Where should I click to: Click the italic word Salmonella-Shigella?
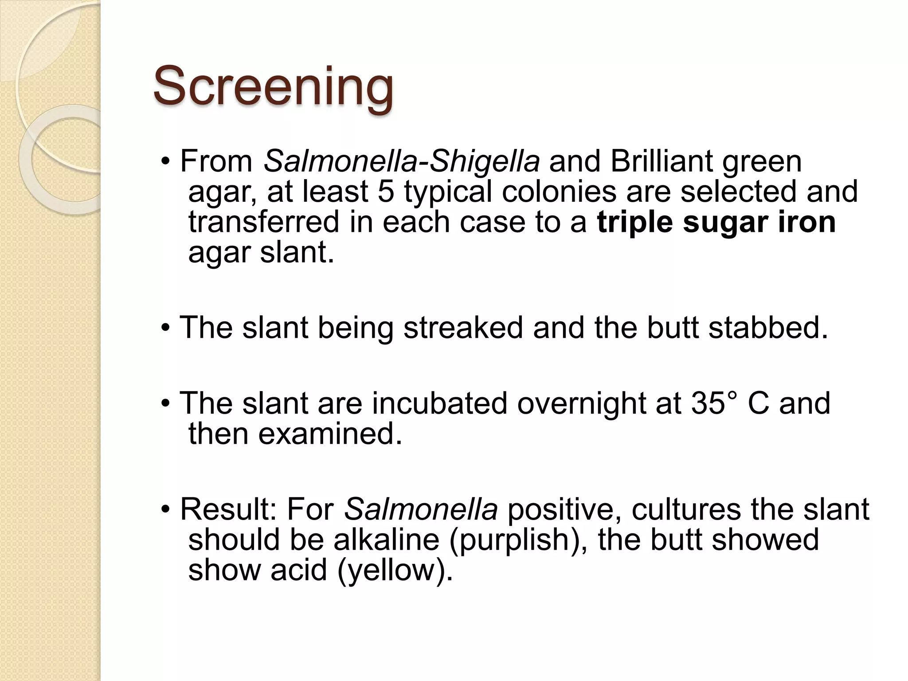tap(402, 161)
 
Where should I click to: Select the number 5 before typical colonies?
tap(386, 192)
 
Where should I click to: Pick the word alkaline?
tap(386, 540)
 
